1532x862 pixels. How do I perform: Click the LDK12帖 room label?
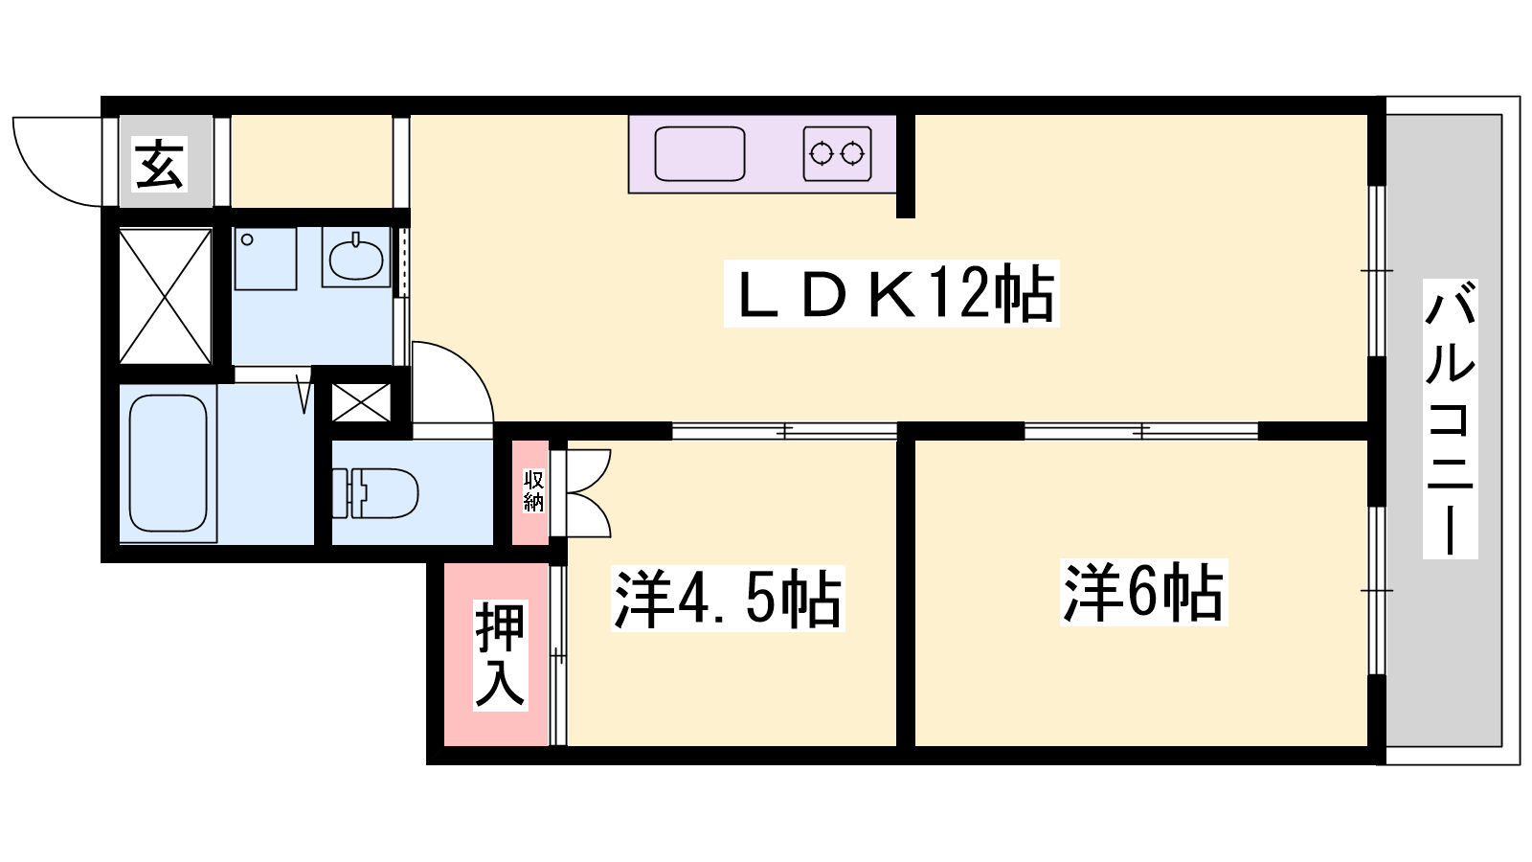coord(891,293)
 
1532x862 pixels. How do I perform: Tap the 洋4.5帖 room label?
coord(728,599)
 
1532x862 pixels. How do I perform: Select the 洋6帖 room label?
coord(1143,593)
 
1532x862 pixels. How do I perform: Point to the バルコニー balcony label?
coord(1450,419)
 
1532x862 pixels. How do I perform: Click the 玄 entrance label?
coord(159,164)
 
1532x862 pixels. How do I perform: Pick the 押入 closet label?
coord(500,655)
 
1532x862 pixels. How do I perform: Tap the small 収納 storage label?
coord(533,491)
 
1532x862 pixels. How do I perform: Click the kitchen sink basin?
coord(700,154)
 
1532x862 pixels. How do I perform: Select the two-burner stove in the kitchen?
coord(837,154)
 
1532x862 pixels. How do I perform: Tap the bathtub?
coord(169,464)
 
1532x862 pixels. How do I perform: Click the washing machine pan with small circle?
coord(265,259)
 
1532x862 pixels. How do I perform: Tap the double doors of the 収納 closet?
coord(587,492)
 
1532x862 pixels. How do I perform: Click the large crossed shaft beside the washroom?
coord(165,296)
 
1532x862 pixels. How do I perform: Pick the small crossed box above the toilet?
coord(361,402)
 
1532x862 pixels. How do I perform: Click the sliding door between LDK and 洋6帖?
coord(1140,431)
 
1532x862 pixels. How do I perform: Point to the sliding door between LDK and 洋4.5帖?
coord(784,431)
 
